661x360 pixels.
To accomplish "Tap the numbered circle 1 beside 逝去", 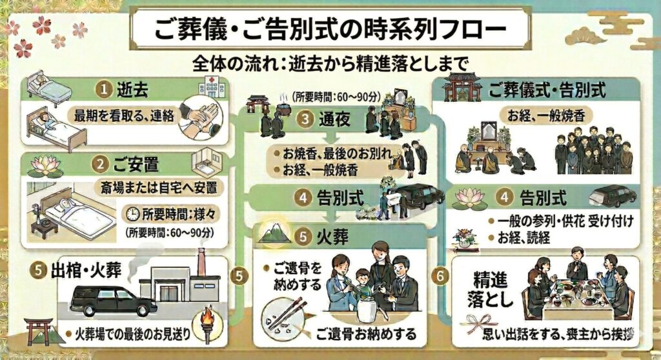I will click(102, 89).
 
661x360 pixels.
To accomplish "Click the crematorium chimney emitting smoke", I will click(201, 258).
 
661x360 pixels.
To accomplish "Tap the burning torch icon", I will click(207, 321).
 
